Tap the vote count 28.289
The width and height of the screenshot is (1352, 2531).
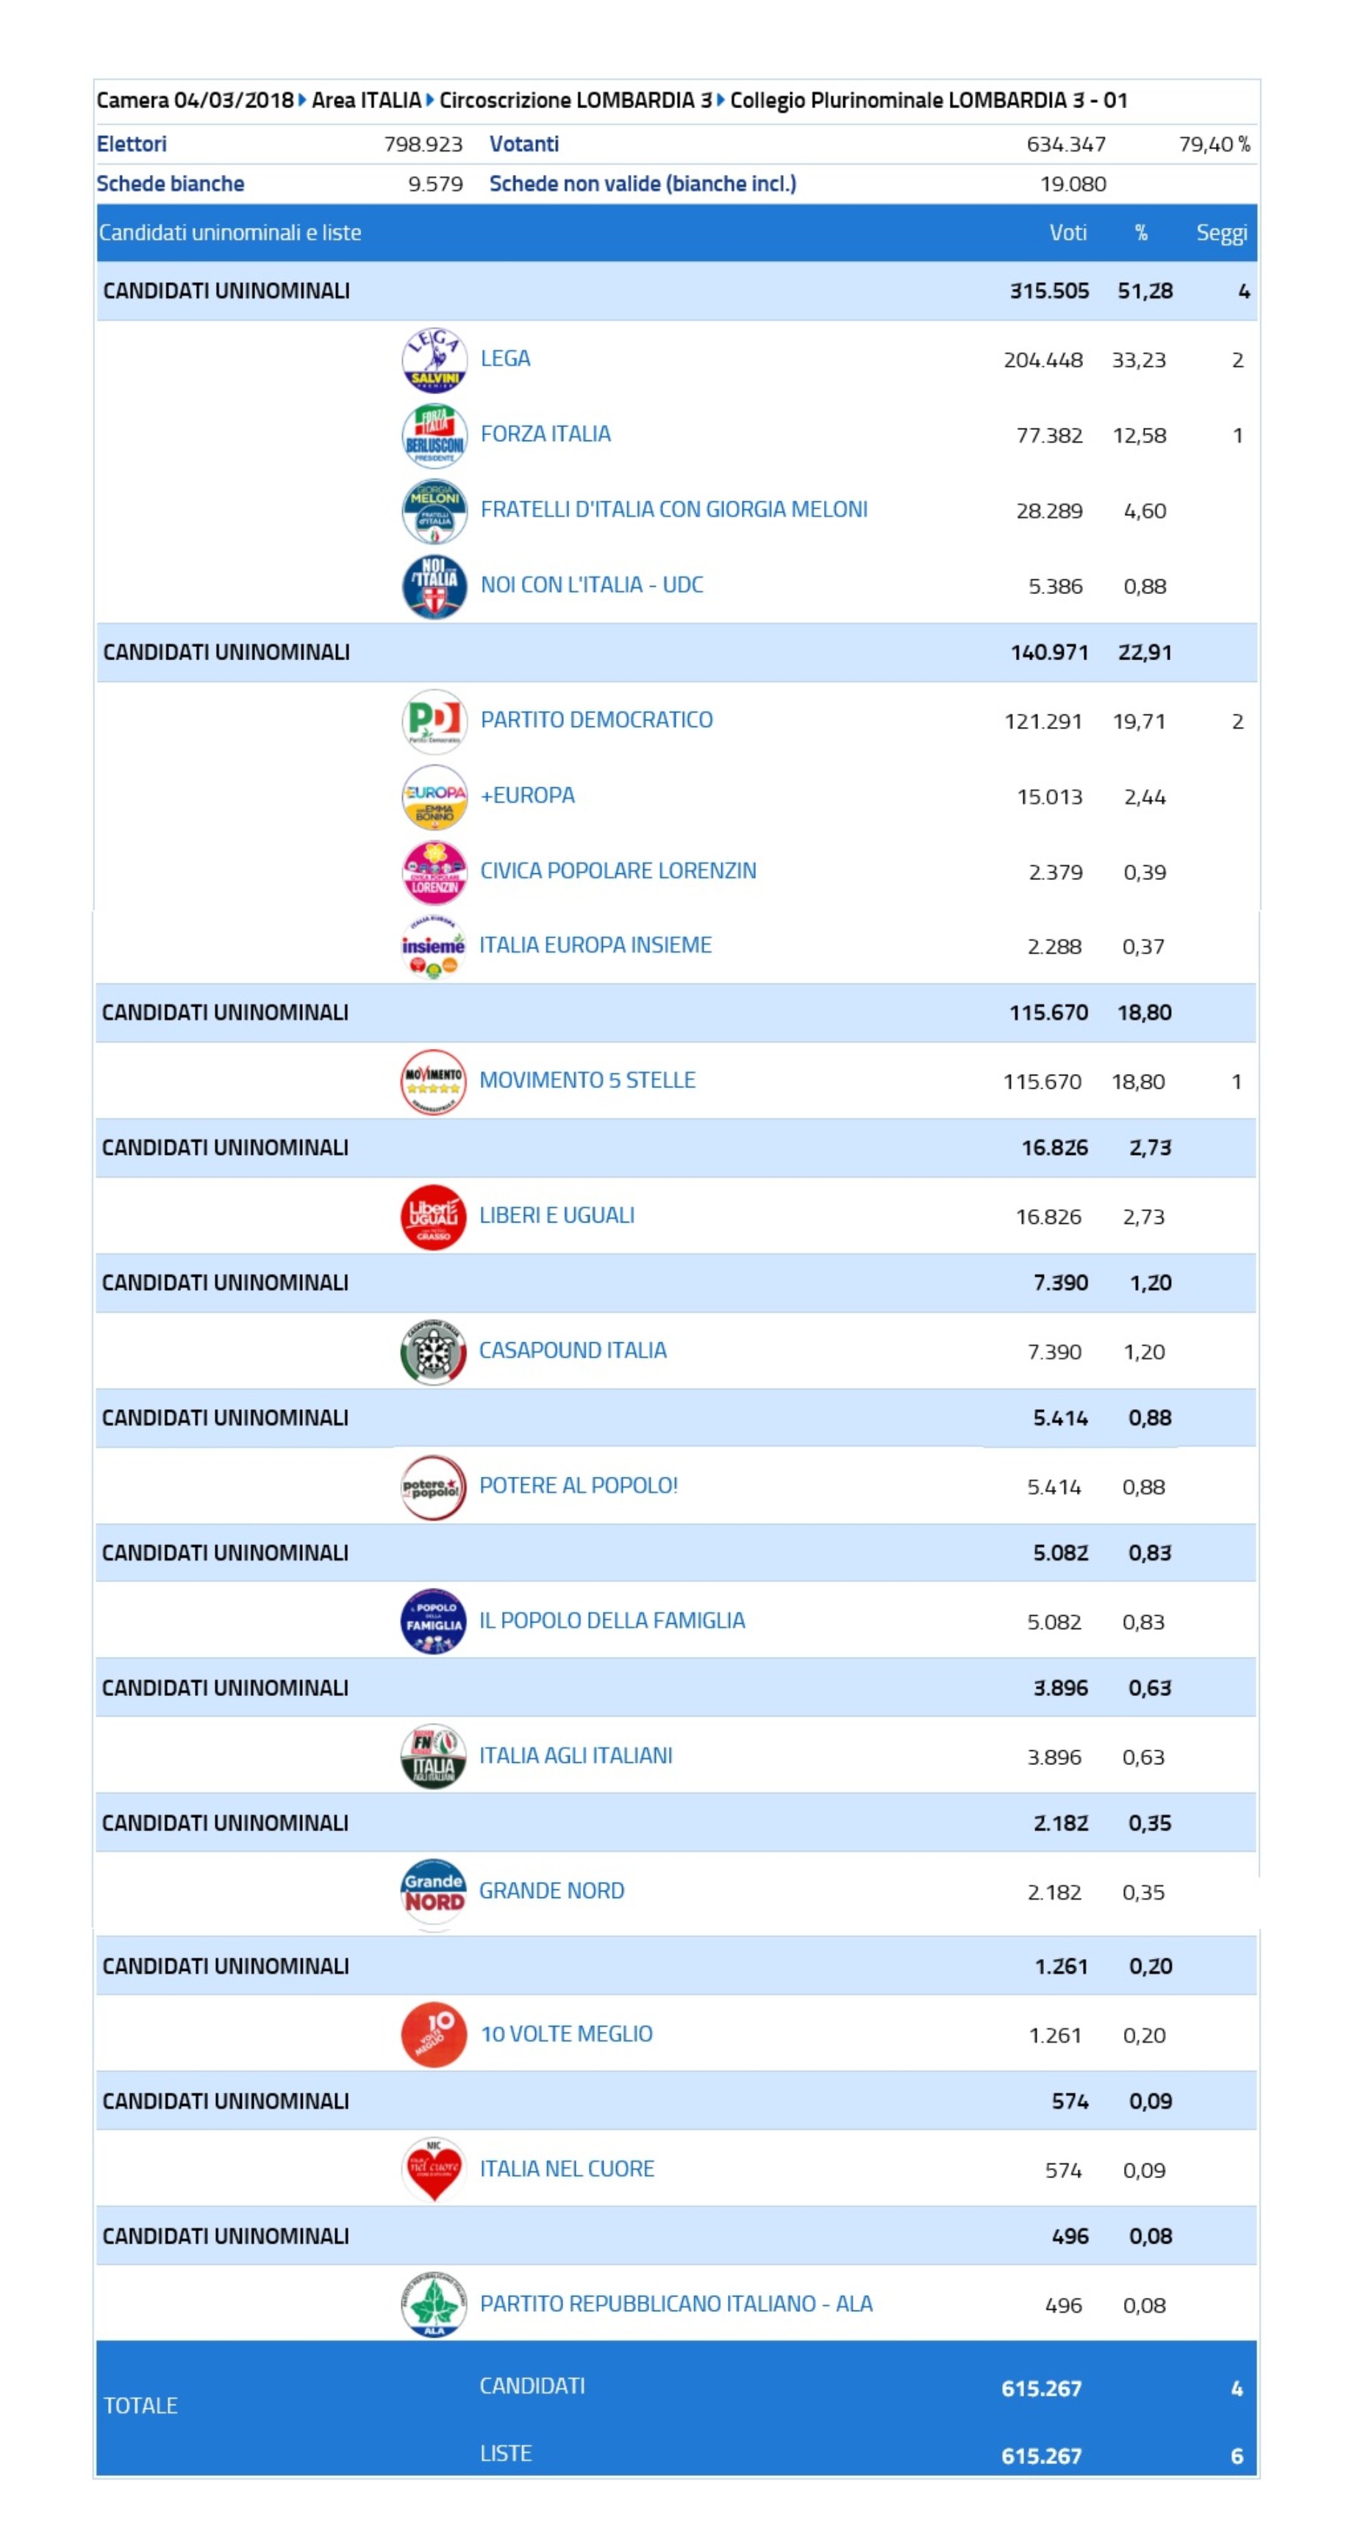[1049, 511]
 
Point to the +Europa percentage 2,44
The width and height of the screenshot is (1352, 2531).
[1145, 797]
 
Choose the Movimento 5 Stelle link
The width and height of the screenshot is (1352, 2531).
[587, 1080]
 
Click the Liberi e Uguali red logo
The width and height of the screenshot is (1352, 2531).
[433, 1217]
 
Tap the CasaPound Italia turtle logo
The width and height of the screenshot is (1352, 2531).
[433, 1352]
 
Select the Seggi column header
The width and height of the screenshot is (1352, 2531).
[1221, 234]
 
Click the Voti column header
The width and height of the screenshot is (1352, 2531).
[1068, 233]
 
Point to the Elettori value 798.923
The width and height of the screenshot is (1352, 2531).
[423, 144]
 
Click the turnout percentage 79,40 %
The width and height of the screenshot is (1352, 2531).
[1215, 144]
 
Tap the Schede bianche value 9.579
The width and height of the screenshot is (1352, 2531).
[435, 184]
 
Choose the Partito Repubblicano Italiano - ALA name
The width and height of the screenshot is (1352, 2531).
[676, 2304]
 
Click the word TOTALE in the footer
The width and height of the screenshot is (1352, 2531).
[140, 2405]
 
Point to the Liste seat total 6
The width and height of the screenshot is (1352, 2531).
[1236, 2456]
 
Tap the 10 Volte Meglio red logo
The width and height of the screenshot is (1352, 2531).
[433, 2035]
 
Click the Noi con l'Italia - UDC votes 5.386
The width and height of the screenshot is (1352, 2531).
[1055, 587]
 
